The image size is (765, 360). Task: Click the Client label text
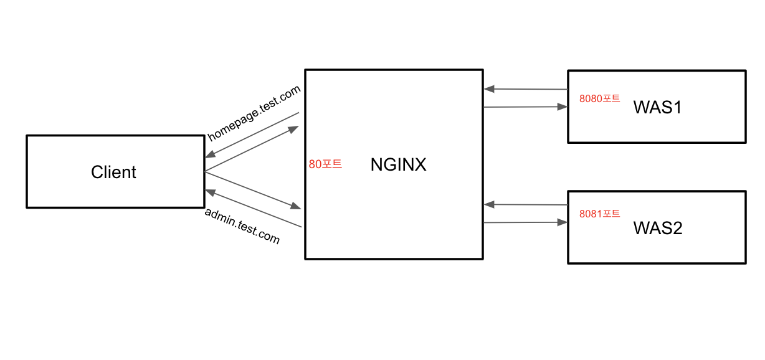click(113, 172)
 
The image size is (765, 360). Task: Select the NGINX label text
click(398, 165)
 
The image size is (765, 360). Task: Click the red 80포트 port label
click(325, 164)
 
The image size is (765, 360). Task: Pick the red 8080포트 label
click(599, 98)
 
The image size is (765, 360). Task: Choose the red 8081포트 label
click(599, 214)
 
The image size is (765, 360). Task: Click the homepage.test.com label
click(254, 113)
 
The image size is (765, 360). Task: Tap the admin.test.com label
click(242, 225)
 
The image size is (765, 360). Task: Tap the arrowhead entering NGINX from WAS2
click(490, 204)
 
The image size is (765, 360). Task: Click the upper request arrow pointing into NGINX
click(252, 149)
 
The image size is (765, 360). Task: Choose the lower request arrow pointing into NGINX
click(253, 189)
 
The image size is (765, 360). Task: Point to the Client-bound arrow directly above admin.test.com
click(253, 208)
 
